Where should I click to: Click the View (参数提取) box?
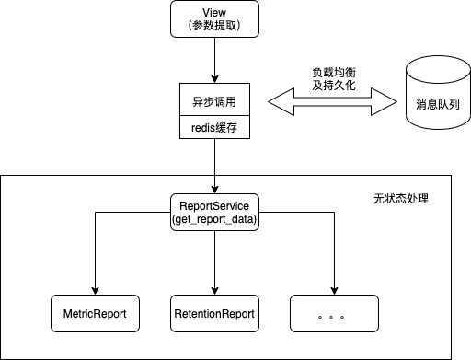(x=214, y=19)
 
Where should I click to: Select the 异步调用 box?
(x=214, y=99)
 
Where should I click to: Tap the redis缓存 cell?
(x=214, y=127)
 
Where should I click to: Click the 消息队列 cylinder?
(x=438, y=92)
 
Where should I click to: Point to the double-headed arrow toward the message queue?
(x=333, y=102)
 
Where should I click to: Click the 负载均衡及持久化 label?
(x=334, y=78)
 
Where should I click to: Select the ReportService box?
(x=214, y=212)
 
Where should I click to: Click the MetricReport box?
(x=95, y=313)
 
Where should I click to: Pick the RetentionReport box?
(x=214, y=313)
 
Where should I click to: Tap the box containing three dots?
(x=334, y=313)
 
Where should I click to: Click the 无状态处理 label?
(x=401, y=199)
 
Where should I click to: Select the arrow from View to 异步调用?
(x=214, y=60)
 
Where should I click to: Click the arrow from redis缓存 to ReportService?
(x=214, y=166)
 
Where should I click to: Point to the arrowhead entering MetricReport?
(x=95, y=291)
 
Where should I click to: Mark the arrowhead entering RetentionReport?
(x=214, y=291)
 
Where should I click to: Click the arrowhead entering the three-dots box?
(x=334, y=291)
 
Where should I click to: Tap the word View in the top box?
(x=214, y=13)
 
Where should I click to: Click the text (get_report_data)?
(x=214, y=219)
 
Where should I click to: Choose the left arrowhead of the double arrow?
(x=281, y=102)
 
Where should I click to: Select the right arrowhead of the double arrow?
(x=384, y=102)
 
